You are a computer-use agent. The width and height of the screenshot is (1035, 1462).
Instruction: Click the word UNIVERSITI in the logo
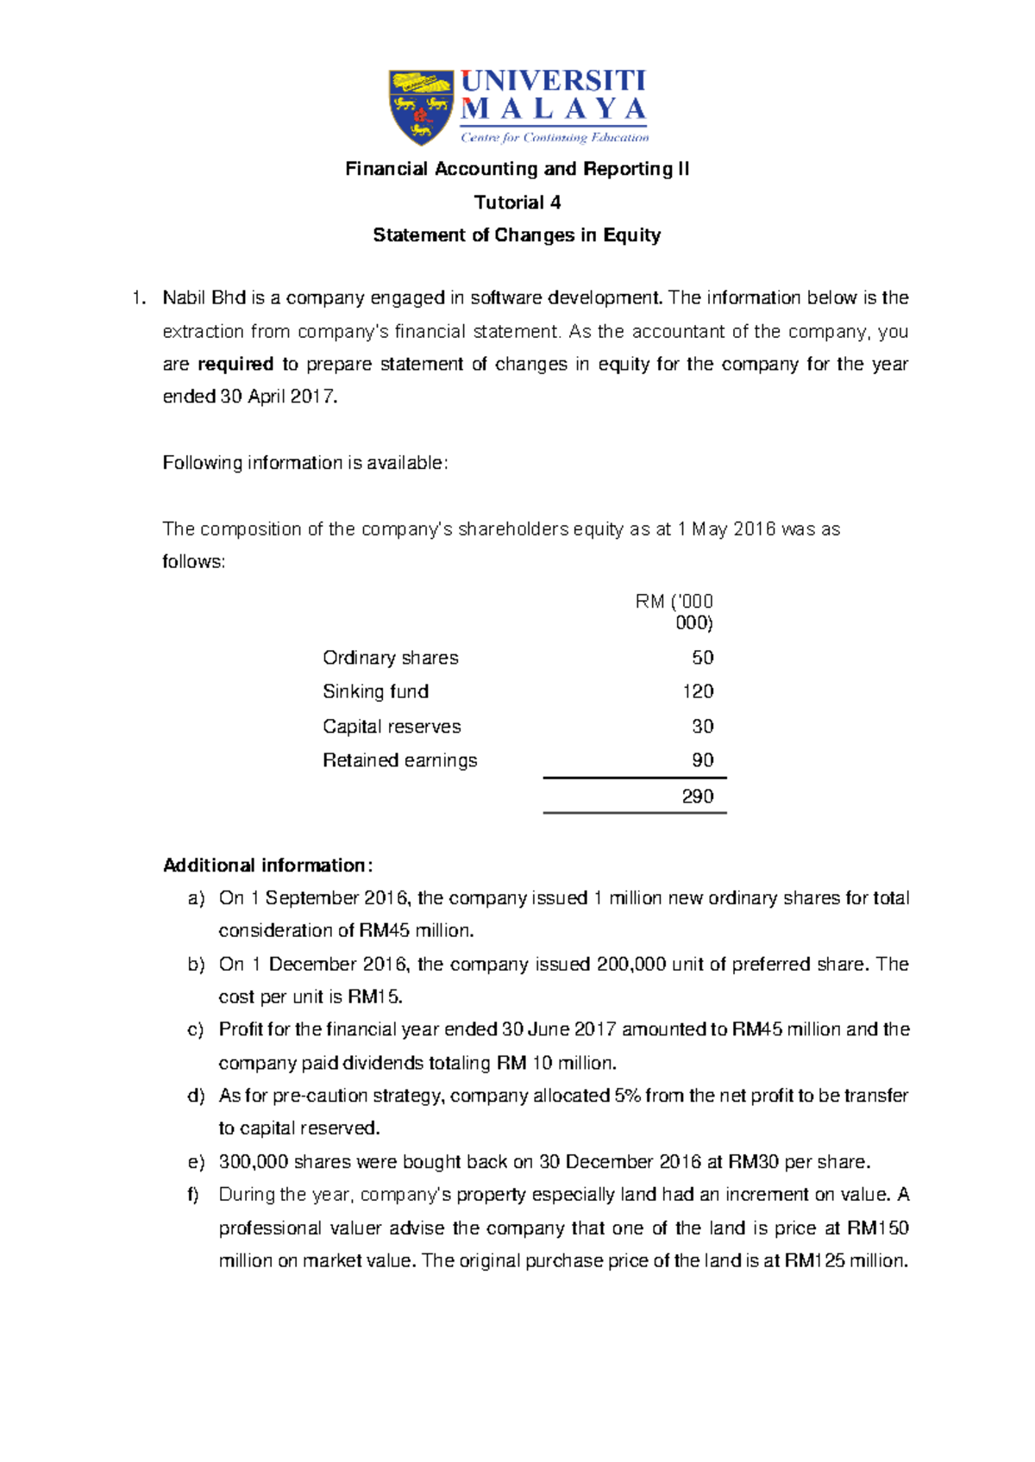(x=553, y=82)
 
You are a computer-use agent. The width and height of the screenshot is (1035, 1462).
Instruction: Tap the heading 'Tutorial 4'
(x=517, y=203)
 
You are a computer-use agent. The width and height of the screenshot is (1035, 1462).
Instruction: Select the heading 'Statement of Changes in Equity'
(x=517, y=235)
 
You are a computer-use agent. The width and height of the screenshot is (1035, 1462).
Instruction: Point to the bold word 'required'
(x=235, y=364)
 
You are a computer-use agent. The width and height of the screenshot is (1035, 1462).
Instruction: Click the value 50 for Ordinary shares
(x=702, y=658)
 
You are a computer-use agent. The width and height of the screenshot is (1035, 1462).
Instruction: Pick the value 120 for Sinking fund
(x=698, y=691)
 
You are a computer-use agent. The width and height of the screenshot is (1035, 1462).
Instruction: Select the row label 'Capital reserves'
(x=392, y=727)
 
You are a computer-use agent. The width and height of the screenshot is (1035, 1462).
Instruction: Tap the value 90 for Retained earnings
(x=702, y=760)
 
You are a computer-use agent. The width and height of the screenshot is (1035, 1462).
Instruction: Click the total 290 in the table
(x=698, y=797)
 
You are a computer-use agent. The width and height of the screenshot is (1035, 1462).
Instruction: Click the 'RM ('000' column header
(x=674, y=602)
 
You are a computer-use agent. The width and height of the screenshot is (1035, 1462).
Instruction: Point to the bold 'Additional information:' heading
(x=267, y=865)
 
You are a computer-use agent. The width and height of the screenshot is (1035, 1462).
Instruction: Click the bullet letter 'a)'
(x=197, y=898)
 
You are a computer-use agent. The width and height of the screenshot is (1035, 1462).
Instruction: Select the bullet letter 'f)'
(x=194, y=1195)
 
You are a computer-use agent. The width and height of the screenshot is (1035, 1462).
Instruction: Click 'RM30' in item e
(x=754, y=1162)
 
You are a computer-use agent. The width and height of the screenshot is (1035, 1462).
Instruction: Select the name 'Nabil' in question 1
(x=185, y=298)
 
